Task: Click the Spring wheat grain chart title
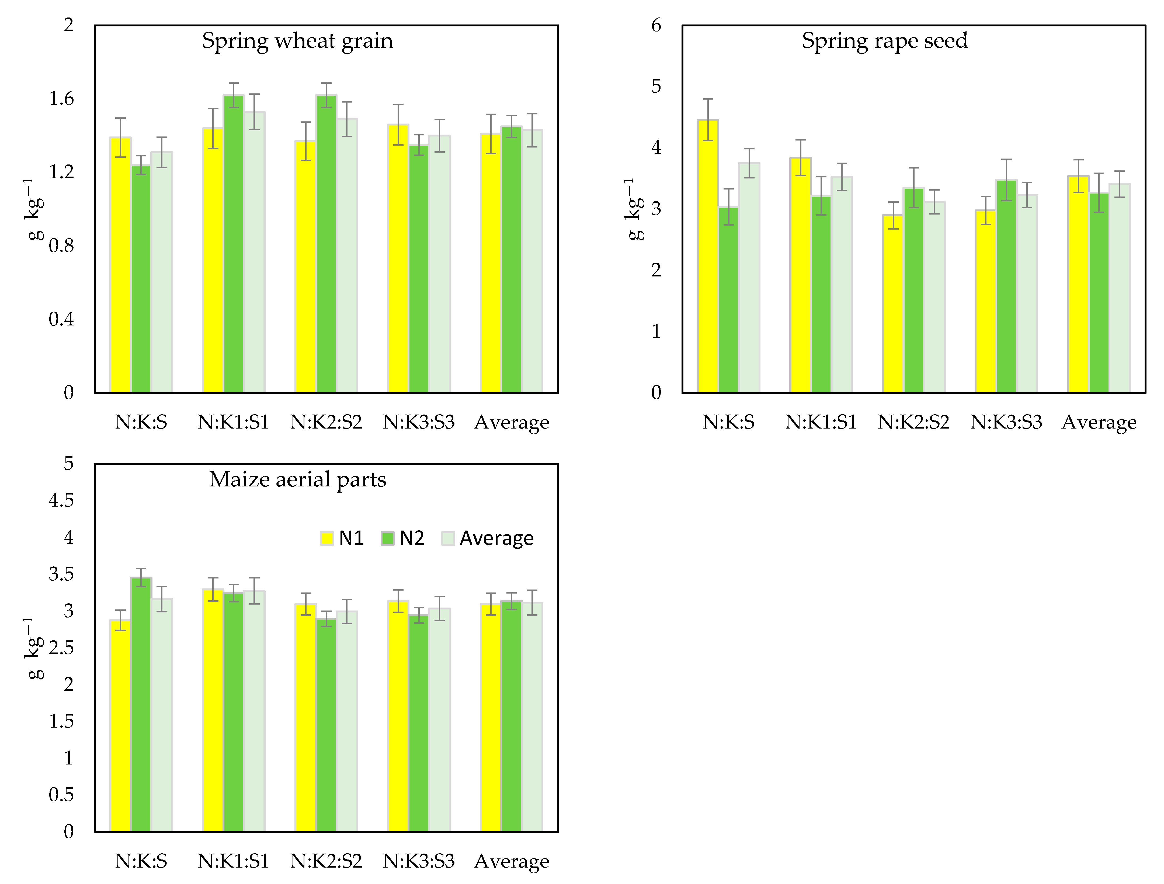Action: (297, 41)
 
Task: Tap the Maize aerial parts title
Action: (297, 479)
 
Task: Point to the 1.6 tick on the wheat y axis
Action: (62, 99)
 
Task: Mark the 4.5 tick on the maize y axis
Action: (62, 500)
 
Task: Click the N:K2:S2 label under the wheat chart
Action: (326, 422)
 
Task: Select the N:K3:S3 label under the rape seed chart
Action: (1006, 422)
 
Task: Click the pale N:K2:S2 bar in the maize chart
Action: (347, 721)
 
